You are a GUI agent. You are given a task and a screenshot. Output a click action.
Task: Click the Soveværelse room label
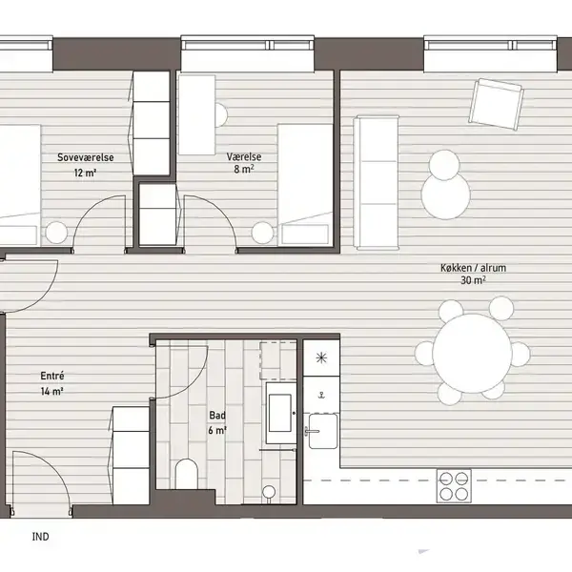pyautogui.click(x=86, y=157)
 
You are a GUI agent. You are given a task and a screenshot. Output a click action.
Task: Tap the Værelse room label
pyautogui.click(x=244, y=157)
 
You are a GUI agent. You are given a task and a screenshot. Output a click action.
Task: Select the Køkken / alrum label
pyautogui.click(x=473, y=268)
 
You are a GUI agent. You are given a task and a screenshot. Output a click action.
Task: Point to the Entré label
pyautogui.click(x=52, y=376)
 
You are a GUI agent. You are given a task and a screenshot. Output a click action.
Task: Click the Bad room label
pyautogui.click(x=217, y=415)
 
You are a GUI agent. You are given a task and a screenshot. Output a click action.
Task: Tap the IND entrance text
pyautogui.click(x=40, y=537)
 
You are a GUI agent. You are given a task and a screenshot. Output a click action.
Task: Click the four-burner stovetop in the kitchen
pyautogui.click(x=454, y=486)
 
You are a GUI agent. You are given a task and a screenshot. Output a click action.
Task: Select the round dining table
pyautogui.click(x=472, y=353)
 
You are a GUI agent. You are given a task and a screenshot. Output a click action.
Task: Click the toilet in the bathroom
pyautogui.click(x=187, y=474)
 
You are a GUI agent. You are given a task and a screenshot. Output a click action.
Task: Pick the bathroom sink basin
pyautogui.click(x=280, y=413)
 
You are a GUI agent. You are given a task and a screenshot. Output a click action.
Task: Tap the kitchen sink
pyautogui.click(x=323, y=431)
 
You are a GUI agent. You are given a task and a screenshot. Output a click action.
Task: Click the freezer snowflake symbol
pyautogui.click(x=321, y=357)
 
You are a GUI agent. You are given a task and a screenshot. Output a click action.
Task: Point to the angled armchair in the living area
pyautogui.click(x=496, y=103)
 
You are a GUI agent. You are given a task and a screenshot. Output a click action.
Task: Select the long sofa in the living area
pyautogui.click(x=376, y=182)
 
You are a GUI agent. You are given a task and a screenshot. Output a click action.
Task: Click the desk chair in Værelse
pyautogui.click(x=221, y=115)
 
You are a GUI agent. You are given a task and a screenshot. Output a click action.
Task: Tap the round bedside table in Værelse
pyautogui.click(x=262, y=233)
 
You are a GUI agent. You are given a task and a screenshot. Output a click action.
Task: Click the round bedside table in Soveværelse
pyautogui.click(x=56, y=233)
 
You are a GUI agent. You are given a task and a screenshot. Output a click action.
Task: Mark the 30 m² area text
pyautogui.click(x=473, y=280)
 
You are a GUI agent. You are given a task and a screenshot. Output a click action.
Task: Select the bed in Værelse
pyautogui.click(x=305, y=185)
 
